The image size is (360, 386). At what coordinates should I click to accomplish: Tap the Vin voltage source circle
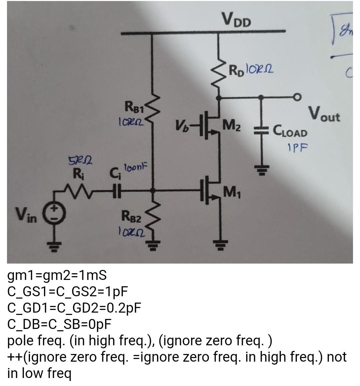point(55,212)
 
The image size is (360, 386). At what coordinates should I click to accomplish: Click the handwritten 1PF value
point(297,147)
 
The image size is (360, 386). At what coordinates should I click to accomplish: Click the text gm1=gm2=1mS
point(57,276)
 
